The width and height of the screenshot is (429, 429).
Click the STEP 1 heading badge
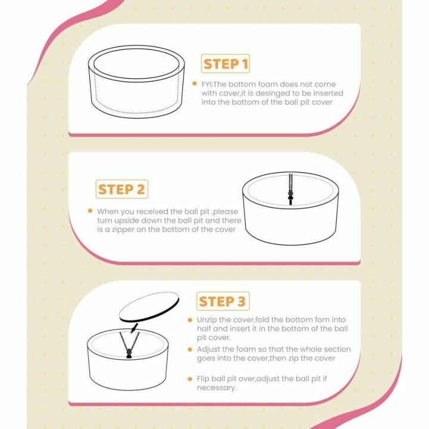[225, 64]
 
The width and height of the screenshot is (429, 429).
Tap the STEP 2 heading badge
[122, 189]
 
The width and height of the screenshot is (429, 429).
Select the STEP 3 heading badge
[223, 301]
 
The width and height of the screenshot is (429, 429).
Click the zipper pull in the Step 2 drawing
[291, 196]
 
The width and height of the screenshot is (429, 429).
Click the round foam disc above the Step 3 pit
[149, 307]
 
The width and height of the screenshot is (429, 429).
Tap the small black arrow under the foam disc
[134, 328]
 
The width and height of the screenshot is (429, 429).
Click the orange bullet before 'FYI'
[194, 83]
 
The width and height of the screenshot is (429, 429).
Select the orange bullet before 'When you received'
[90, 211]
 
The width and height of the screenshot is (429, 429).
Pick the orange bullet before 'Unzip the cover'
[190, 320]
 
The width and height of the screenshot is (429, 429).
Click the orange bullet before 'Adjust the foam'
[190, 349]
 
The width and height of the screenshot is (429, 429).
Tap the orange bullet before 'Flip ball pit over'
[190, 379]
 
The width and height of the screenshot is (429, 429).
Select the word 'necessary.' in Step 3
[217, 388]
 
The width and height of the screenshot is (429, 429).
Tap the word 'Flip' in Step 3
[203, 379]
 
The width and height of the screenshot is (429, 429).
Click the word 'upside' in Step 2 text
[126, 221]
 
